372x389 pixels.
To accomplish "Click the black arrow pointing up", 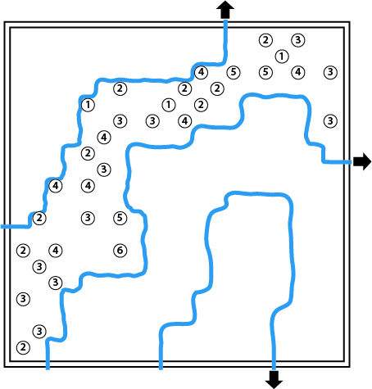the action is tap(225, 10).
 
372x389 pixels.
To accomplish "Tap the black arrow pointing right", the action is tap(362, 161).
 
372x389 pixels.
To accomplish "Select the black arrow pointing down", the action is tap(274, 379).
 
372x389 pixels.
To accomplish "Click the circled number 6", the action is tap(120, 251).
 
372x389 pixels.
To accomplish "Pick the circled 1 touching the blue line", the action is tap(88, 105).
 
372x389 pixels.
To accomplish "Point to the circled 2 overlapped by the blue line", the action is tap(39, 218).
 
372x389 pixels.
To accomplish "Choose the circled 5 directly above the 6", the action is tap(120, 218).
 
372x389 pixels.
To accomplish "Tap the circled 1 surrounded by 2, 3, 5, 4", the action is tap(282, 57).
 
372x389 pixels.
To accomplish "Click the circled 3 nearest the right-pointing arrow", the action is tap(330, 121).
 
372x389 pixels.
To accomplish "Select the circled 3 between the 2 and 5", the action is tap(88, 218).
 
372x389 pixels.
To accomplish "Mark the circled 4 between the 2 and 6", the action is tap(56, 251).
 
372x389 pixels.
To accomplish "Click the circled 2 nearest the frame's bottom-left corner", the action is tap(23, 347).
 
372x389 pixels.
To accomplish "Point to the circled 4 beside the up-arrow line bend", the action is tap(201, 72).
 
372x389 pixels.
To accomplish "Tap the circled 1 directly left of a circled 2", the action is tap(169, 105).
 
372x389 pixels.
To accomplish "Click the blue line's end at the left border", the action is tap(2, 227).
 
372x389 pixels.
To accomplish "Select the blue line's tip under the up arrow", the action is tap(225, 20).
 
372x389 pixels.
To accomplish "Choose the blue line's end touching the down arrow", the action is tap(274, 369).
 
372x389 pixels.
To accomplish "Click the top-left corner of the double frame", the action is tap(4, 22).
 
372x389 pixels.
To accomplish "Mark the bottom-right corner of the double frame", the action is tap(350, 367).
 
